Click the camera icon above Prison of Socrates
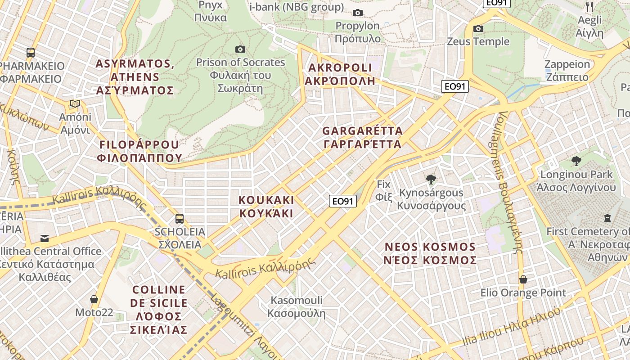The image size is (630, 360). click(240, 49)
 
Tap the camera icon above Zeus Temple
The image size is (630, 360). click(478, 29)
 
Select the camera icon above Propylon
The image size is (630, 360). click(358, 13)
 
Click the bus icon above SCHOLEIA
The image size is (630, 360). click(180, 219)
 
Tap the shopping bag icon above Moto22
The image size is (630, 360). click(94, 299)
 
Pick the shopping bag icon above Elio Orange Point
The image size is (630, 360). click(523, 279)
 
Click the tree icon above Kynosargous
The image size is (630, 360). click(431, 180)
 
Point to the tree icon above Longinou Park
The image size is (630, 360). click(576, 161)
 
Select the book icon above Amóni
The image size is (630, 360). click(75, 104)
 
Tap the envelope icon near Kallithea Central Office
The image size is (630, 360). click(45, 238)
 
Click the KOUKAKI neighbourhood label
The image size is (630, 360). click(266, 207)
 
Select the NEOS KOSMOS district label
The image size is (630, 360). click(430, 254)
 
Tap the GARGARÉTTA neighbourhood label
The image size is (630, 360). click(362, 138)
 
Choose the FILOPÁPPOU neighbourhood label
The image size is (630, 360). click(139, 151)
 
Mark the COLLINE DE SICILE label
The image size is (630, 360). click(158, 310)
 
